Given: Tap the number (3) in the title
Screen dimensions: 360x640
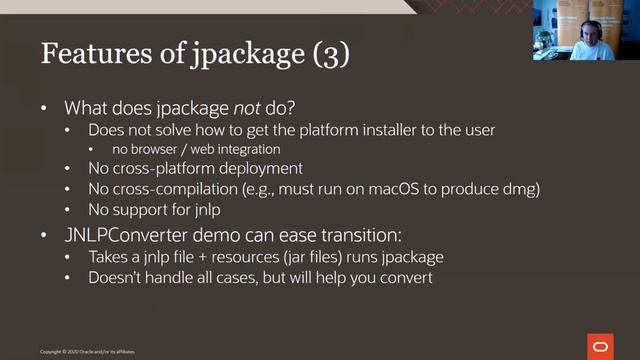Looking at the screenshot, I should pos(324,54).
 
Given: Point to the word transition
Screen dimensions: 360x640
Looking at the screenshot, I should pos(368,236).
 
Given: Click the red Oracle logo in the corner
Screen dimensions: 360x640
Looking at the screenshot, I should pos(602,346).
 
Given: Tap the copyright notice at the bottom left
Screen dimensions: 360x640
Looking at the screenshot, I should pos(88,352).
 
